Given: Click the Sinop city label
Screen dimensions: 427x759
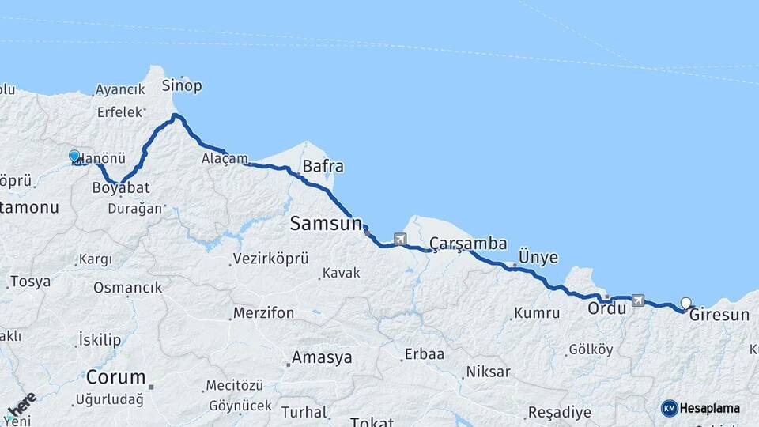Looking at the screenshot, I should click(182, 85).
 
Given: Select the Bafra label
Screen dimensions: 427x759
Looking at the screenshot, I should click(323, 167).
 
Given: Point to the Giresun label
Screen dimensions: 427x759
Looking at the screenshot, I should click(719, 315).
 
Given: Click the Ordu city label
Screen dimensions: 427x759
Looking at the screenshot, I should click(606, 308).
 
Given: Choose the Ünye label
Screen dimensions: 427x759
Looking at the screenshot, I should click(538, 258).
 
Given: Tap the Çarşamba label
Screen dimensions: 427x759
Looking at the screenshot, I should click(468, 244).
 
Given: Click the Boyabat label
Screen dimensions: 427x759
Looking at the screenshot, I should click(121, 188).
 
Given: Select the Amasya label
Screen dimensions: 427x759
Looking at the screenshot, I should click(322, 357).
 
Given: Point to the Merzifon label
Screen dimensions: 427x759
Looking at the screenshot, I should click(264, 313).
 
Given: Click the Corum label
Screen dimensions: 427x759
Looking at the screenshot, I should click(116, 376).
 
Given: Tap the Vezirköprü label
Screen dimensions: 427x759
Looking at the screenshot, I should click(270, 259).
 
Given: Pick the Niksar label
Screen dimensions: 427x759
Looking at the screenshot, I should click(489, 371).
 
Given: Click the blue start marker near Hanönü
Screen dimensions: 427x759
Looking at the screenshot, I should click(74, 157).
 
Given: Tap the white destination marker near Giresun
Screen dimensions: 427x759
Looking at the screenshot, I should click(685, 303).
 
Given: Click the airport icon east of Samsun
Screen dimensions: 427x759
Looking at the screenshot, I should click(400, 239).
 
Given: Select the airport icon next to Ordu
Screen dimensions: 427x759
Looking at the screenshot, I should click(638, 300).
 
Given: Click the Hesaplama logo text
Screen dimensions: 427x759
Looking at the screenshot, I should click(708, 408).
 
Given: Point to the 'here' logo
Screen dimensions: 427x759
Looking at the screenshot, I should click(21, 405).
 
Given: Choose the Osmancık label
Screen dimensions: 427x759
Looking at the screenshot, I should click(127, 288).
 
